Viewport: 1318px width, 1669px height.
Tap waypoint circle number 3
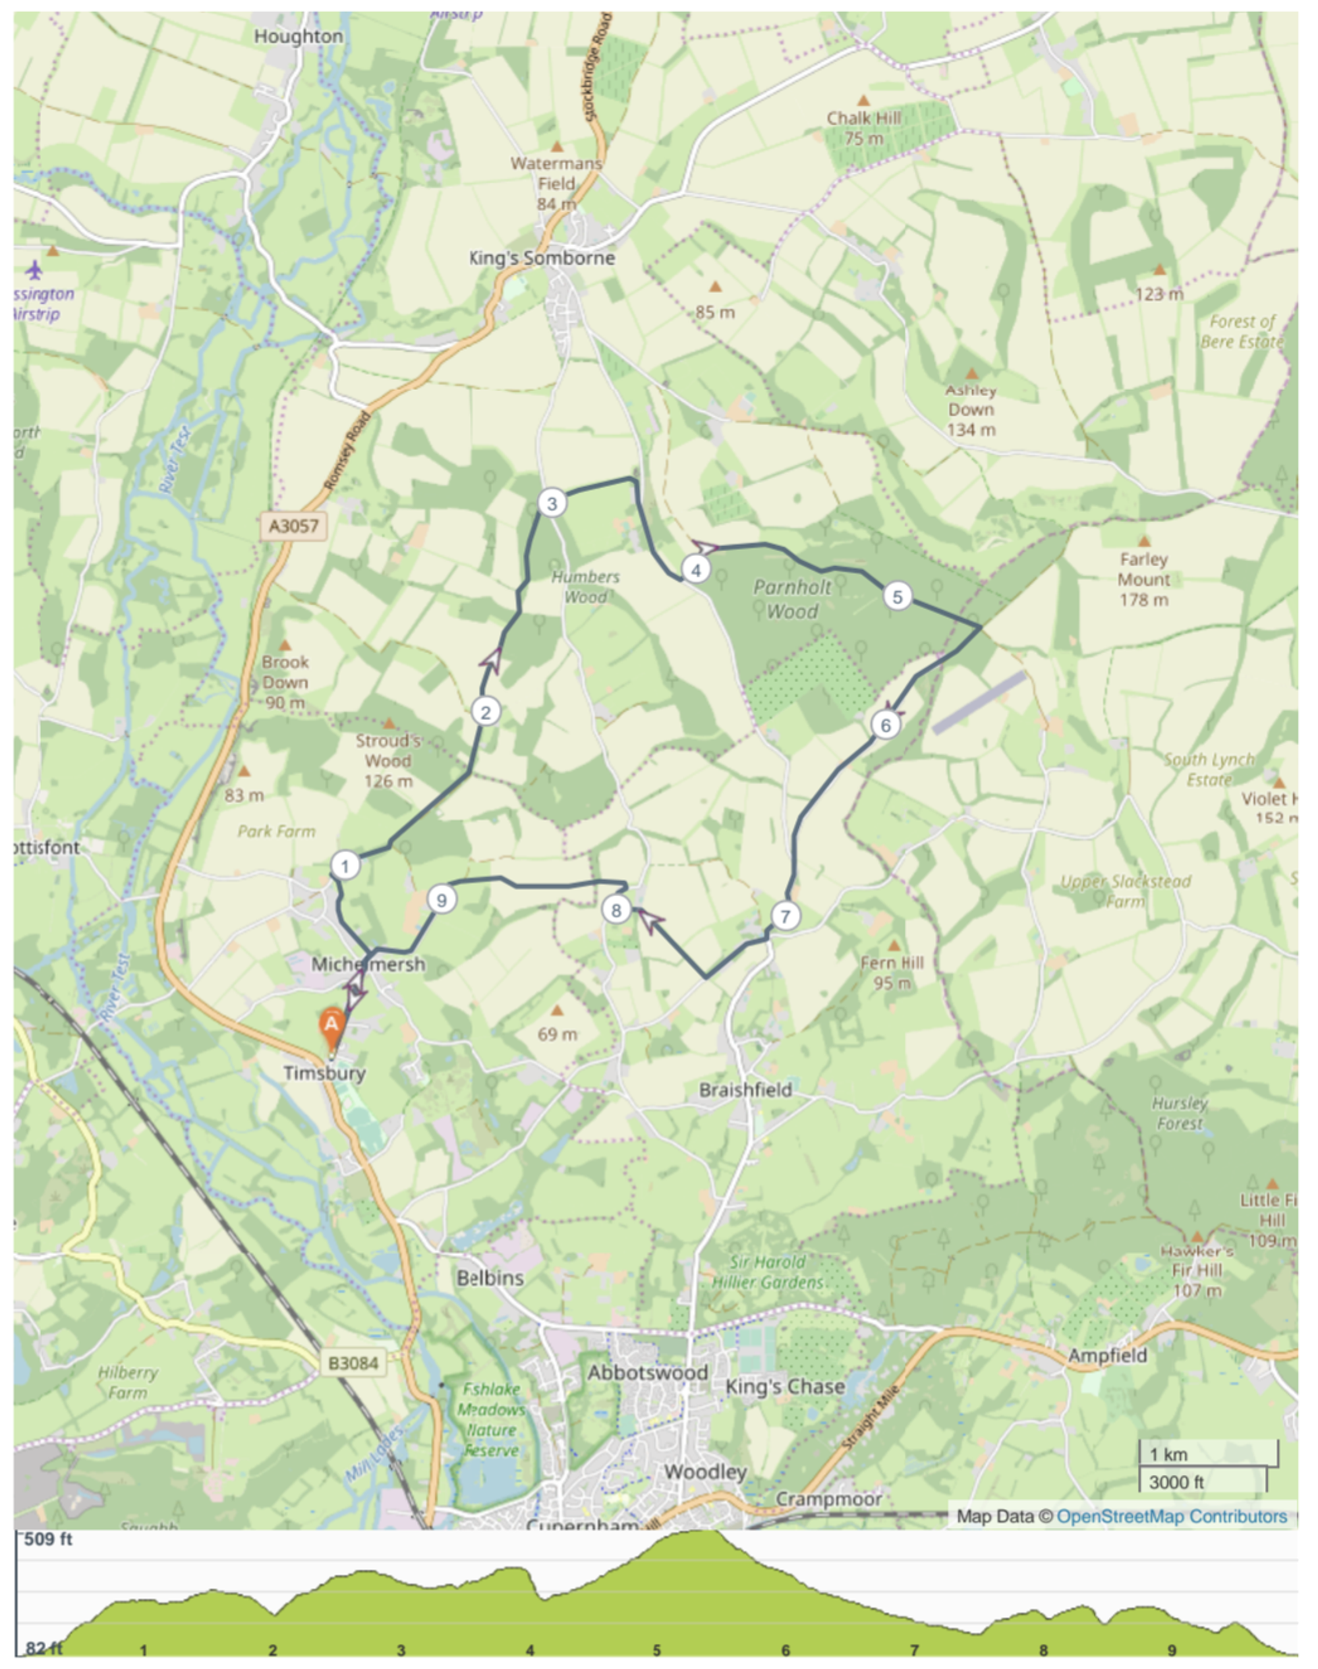[552, 504]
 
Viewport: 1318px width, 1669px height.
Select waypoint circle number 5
[897, 596]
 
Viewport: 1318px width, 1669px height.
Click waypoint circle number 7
[786, 916]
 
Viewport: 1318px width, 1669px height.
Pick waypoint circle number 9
[442, 899]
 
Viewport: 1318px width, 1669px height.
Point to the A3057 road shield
[293, 526]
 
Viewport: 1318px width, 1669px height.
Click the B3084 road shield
[353, 1363]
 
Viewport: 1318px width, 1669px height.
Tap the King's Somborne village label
[542, 258]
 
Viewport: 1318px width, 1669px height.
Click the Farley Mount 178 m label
[1143, 579]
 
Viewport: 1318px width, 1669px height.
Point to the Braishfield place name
[745, 1090]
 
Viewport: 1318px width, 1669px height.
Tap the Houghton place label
[298, 36]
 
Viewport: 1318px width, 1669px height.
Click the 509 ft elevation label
[48, 1539]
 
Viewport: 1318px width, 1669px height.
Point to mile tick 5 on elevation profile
[656, 1650]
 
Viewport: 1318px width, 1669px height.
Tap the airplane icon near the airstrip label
[34, 270]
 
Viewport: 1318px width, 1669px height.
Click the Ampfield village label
[1107, 1355]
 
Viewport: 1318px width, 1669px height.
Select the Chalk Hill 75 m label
[863, 128]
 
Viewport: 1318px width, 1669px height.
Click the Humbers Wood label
[585, 586]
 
